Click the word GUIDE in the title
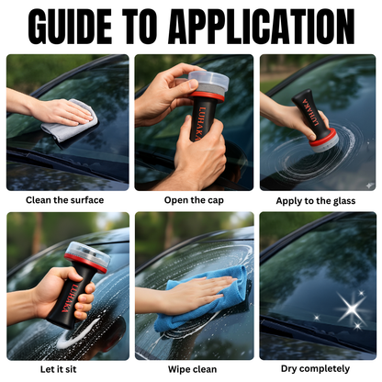(x=71, y=27)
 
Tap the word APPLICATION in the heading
(x=262, y=27)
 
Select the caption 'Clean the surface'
(x=64, y=200)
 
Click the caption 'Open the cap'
(x=194, y=200)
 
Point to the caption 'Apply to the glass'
(x=316, y=201)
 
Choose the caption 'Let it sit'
(x=58, y=369)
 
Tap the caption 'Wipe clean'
(x=192, y=369)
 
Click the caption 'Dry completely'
(x=315, y=369)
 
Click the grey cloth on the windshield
(x=70, y=121)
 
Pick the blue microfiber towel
(x=199, y=300)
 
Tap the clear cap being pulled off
(x=208, y=81)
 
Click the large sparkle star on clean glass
(x=352, y=309)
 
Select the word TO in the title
(x=140, y=27)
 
